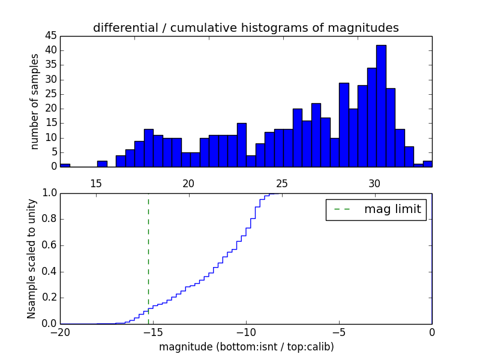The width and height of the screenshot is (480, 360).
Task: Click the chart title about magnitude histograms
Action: (x=245, y=28)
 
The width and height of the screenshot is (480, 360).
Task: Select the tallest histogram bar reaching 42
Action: (x=381, y=106)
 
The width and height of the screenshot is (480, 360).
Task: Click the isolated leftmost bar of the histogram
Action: (x=65, y=165)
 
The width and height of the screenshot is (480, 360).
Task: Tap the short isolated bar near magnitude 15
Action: (x=102, y=164)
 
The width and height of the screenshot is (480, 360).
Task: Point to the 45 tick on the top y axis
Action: (x=50, y=35)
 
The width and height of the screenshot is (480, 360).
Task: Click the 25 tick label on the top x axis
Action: (x=281, y=184)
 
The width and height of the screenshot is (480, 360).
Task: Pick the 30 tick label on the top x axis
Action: (x=374, y=184)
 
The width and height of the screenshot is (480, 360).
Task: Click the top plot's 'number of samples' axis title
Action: (x=35, y=101)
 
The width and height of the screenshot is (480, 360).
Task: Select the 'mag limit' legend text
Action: (x=392, y=209)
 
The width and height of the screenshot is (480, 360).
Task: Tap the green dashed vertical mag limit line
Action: (x=148, y=258)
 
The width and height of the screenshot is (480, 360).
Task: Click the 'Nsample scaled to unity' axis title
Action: (x=31, y=258)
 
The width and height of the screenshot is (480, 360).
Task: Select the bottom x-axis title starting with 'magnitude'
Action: (x=246, y=346)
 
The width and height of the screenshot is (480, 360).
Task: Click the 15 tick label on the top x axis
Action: (x=95, y=184)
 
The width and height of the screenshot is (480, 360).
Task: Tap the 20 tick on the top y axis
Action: (x=50, y=109)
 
